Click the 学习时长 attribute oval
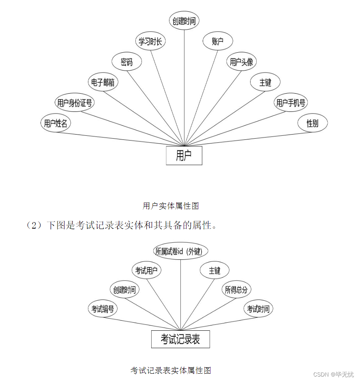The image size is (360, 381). [150, 41]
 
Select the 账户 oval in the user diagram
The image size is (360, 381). [218, 41]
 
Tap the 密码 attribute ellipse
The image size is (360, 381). [127, 62]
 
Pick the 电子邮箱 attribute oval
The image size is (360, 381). [103, 82]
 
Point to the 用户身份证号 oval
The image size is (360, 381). [75, 103]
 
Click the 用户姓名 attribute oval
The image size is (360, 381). [56, 123]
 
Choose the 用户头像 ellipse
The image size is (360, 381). [242, 62]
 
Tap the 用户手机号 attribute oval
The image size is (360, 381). [291, 103]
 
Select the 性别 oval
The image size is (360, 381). [312, 123]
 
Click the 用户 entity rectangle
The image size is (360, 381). [184, 156]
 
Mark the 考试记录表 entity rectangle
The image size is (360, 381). [180, 339]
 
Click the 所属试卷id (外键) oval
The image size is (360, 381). [181, 251]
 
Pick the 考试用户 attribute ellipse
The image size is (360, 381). [146, 270]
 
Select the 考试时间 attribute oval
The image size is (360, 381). [258, 309]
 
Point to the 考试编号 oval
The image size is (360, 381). [103, 309]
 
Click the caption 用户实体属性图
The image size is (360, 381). [171, 206]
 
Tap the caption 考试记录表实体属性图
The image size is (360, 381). [171, 370]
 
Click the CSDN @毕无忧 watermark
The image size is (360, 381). [334, 374]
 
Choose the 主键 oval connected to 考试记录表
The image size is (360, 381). [214, 270]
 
